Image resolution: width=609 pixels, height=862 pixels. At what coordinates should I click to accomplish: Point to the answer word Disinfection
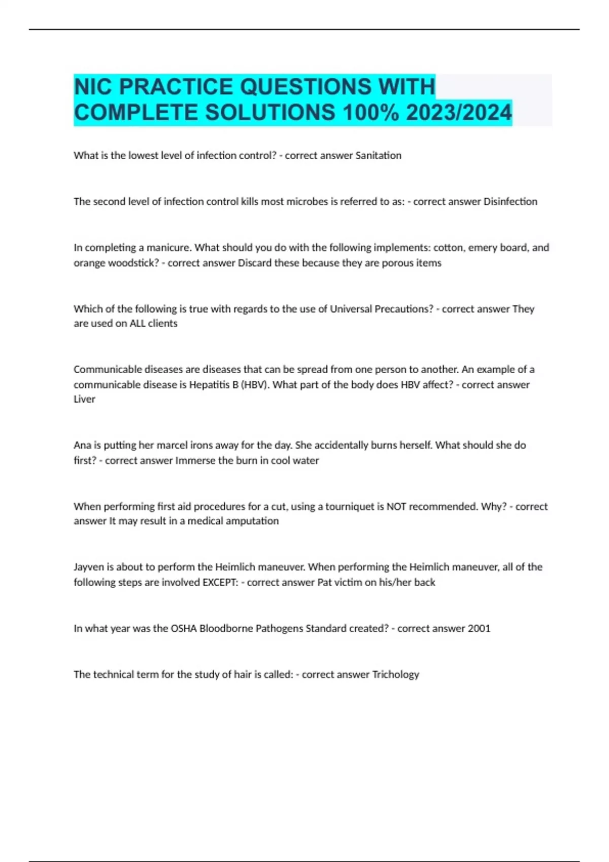(510, 202)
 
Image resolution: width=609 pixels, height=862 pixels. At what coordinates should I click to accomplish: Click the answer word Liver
(84, 399)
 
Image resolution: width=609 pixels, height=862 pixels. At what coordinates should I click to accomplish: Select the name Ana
(82, 445)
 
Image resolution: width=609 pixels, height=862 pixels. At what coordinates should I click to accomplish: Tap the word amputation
(252, 521)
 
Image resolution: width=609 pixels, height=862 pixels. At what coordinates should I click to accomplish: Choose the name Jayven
(89, 567)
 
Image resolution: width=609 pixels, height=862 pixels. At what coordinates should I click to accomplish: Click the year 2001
(479, 629)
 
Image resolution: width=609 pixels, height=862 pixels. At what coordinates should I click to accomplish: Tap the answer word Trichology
(395, 675)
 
